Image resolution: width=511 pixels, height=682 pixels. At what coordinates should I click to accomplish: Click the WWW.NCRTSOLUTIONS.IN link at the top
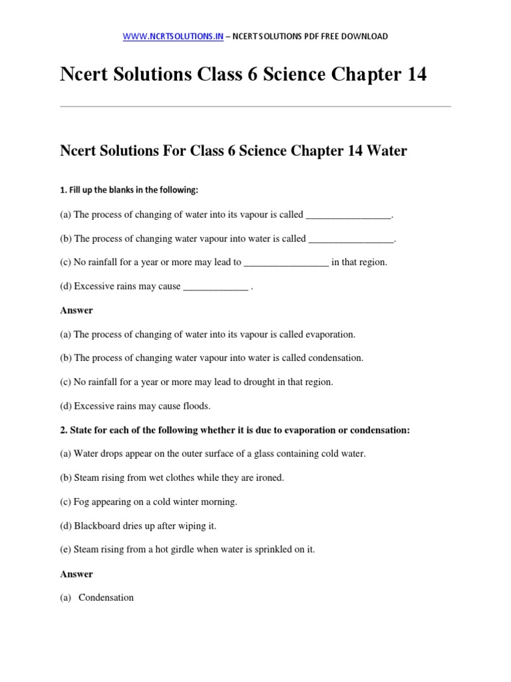173,36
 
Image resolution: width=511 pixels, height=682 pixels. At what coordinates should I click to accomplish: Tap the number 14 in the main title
411,75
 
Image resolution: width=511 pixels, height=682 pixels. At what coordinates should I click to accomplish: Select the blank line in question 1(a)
349,214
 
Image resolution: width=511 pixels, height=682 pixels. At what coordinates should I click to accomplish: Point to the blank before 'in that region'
286,262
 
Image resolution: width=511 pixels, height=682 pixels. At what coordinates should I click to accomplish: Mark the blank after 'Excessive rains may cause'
215,286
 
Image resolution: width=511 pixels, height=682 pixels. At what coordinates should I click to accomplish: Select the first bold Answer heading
77,310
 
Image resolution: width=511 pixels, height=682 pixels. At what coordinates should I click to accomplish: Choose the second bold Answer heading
77,574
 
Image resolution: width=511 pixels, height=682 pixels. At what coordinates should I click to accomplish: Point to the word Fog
82,502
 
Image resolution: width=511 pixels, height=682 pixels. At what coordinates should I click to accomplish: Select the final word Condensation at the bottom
106,598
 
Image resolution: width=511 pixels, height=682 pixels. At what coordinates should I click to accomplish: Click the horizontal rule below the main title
255,106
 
